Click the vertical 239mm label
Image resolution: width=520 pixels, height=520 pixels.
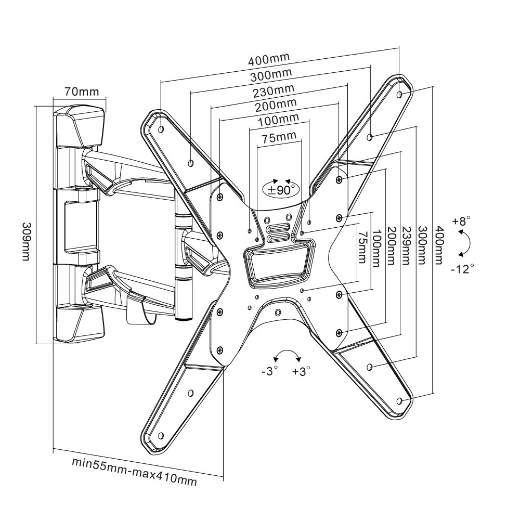tap(408, 246)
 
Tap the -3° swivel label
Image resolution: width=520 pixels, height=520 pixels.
tap(270, 371)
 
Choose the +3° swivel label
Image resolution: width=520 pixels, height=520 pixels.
tap(301, 371)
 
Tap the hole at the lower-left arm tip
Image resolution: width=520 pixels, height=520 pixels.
tap(161, 435)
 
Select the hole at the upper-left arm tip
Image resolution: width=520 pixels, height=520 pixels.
tap(161, 128)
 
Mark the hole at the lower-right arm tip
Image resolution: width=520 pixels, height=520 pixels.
tap(399, 401)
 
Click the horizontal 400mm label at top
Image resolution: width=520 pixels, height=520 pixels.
tap(270, 58)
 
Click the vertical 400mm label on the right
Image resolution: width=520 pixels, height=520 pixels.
tap(439, 244)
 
